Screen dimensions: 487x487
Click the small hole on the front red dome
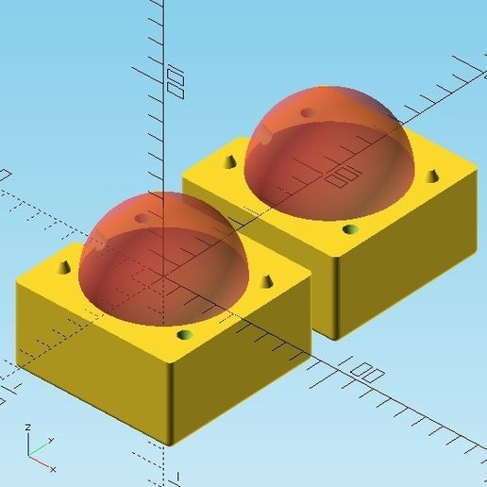click(143, 218)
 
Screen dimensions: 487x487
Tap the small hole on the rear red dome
click(307, 112)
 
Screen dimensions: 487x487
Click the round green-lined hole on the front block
click(184, 335)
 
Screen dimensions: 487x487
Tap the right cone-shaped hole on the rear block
click(432, 176)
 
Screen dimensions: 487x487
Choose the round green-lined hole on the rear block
click(350, 229)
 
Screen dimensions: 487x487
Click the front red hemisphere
click(160, 255)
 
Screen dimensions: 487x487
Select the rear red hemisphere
click(330, 151)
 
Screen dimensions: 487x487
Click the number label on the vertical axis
click(175, 81)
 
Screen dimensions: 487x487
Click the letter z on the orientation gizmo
click(28, 427)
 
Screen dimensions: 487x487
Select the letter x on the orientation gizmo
click(53, 469)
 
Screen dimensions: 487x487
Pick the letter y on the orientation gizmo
click(52, 440)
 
